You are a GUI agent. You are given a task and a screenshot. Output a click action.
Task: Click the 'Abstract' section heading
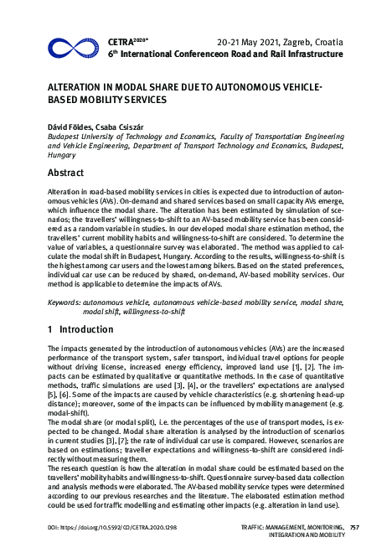point(65,173)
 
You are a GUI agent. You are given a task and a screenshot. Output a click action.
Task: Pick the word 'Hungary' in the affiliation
point(62,155)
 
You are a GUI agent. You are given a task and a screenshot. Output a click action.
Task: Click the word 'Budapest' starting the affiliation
point(67,136)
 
